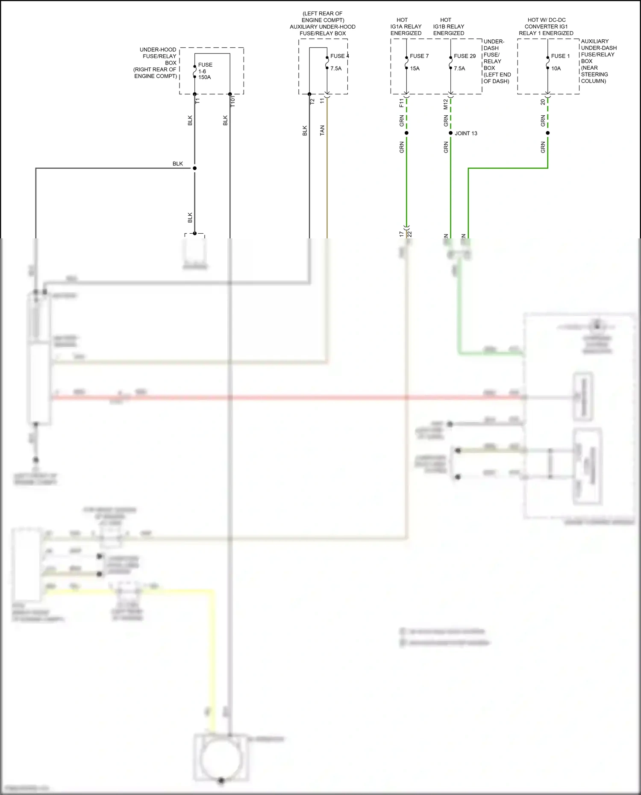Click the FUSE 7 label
[419, 56]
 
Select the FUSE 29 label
[465, 56]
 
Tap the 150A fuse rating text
[204, 77]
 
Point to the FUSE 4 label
[339, 56]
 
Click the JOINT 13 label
[466, 133]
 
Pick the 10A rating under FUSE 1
[556, 68]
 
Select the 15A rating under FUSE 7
[415, 68]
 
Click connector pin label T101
[233, 101]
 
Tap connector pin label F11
[401, 103]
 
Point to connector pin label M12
[446, 104]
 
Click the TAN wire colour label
[322, 130]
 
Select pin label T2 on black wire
[312, 102]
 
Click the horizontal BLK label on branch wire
[178, 164]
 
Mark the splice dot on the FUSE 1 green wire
[548, 133]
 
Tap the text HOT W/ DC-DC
[546, 20]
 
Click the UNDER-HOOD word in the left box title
[158, 50]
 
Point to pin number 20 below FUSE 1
[543, 102]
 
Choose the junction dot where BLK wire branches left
[194, 168]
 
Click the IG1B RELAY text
[448, 26]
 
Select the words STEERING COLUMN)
[594, 77]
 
